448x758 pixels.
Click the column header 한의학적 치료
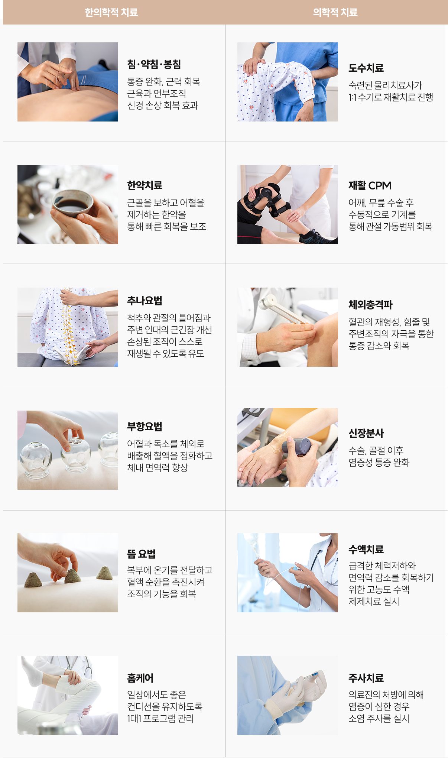tap(111, 12)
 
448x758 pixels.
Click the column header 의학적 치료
tap(335, 12)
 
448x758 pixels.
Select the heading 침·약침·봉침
tap(154, 64)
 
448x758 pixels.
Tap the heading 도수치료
tap(366, 68)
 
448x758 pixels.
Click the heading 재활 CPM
tap(370, 185)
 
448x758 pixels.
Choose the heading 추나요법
tap(145, 301)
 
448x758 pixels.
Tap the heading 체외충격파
tap(370, 305)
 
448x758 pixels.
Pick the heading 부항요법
tap(145, 427)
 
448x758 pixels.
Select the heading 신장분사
tap(366, 433)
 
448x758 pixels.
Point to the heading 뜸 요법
tap(141, 554)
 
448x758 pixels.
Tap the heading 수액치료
tap(366, 549)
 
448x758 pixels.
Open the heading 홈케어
tap(140, 678)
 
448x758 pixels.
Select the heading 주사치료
tap(366, 678)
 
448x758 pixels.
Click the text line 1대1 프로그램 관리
tap(160, 718)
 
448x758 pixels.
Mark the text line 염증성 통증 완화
tap(379, 462)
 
